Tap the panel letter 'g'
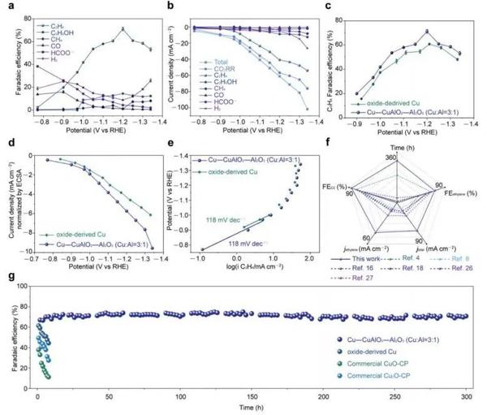6,278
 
